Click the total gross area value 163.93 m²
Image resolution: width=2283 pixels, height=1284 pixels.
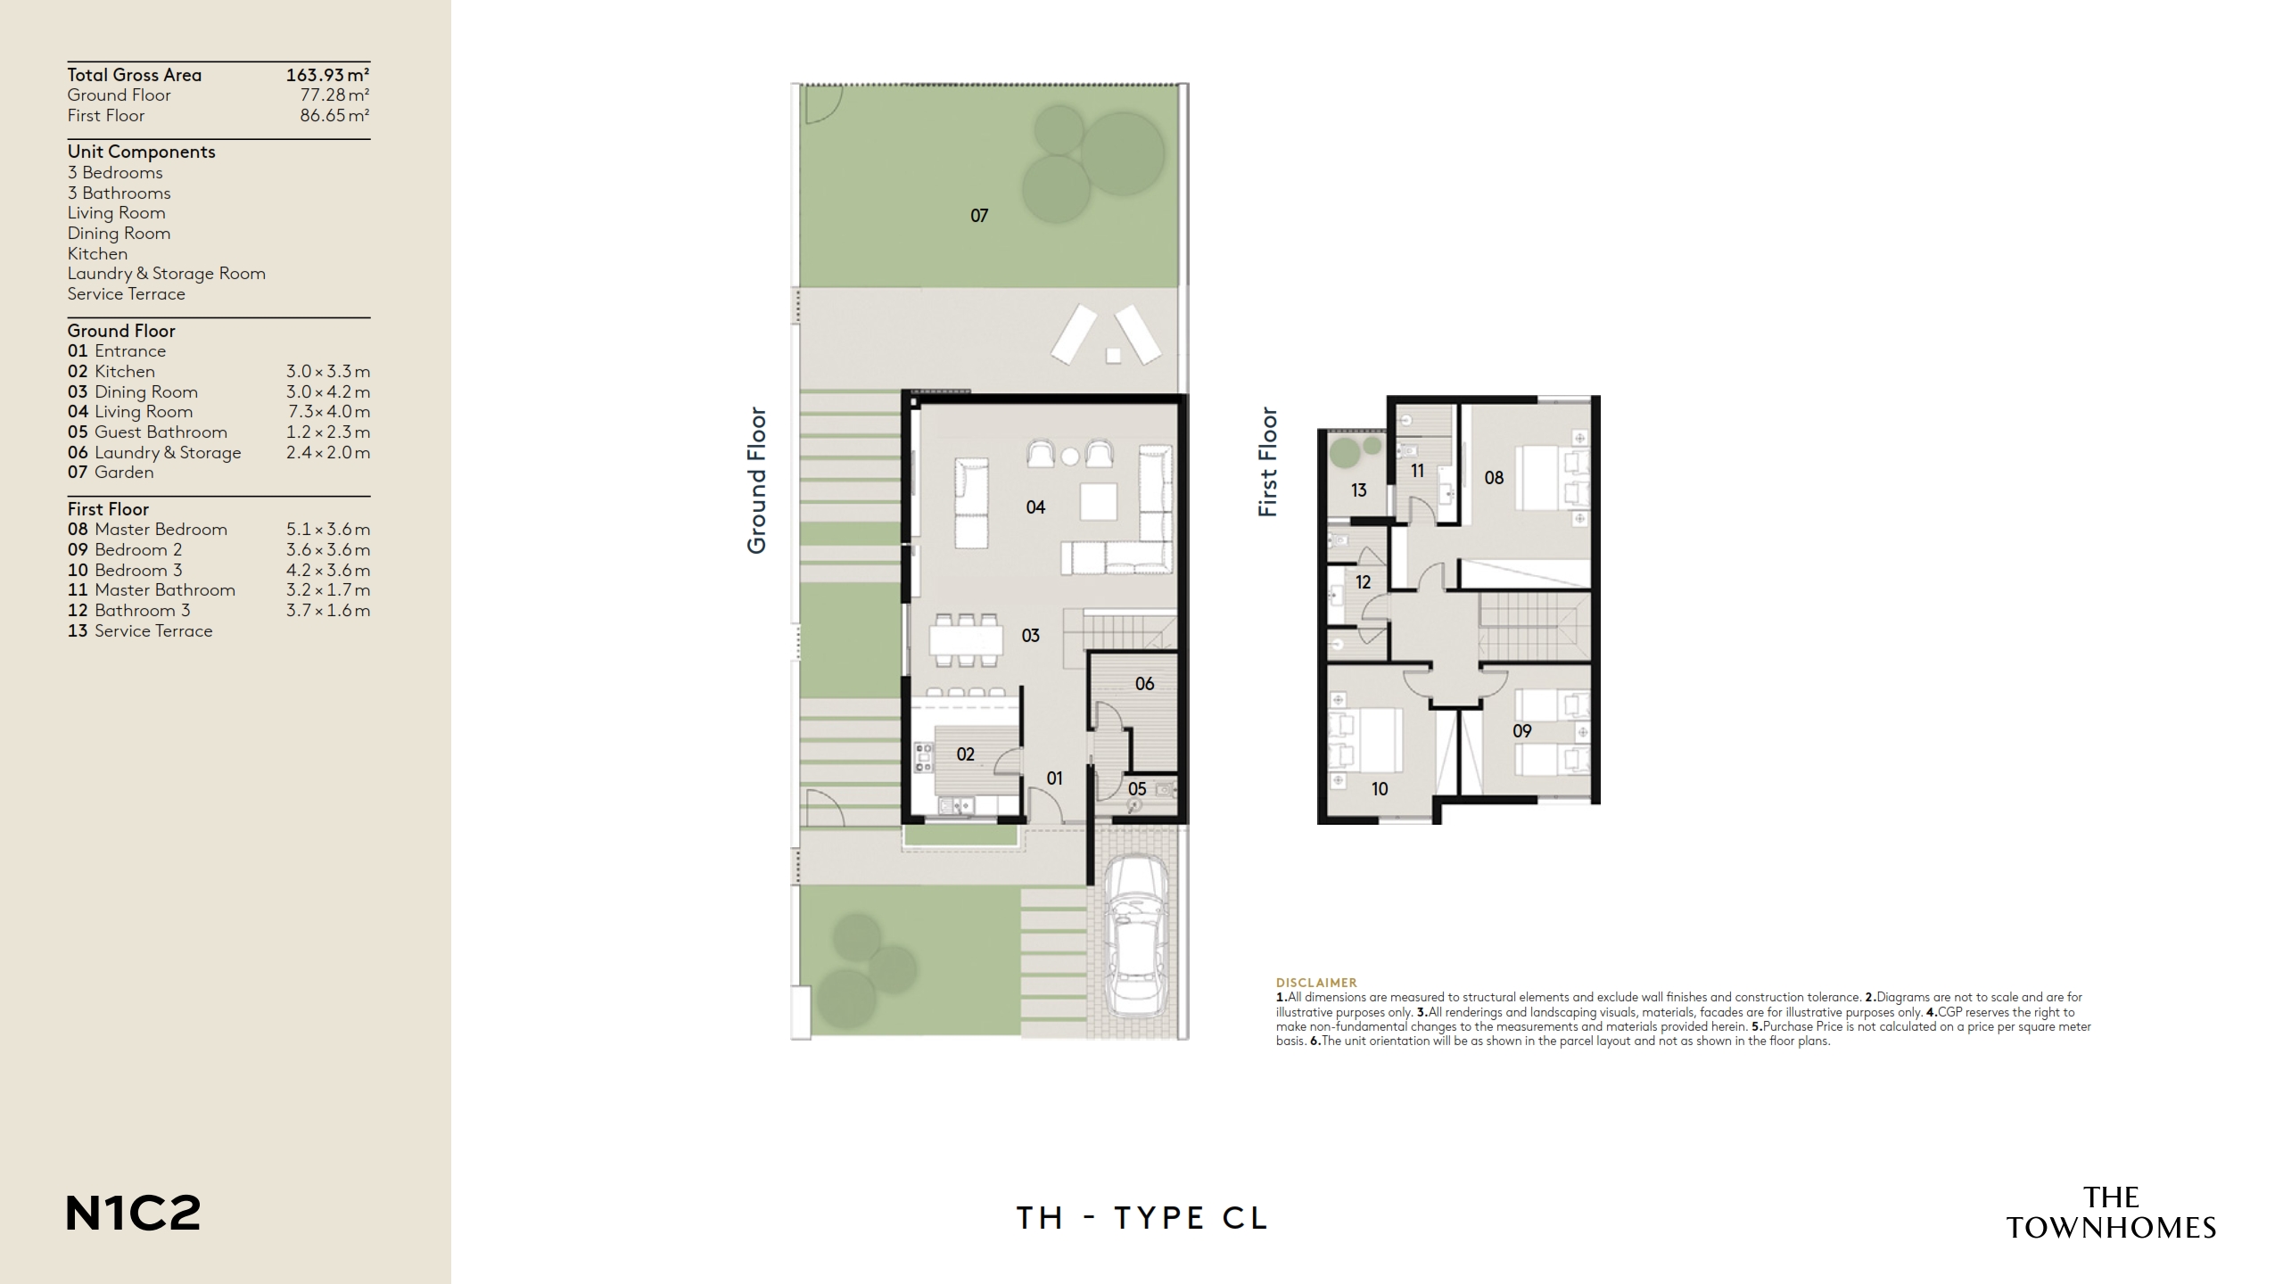click(327, 75)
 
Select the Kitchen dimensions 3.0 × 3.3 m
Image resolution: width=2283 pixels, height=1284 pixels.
click(327, 372)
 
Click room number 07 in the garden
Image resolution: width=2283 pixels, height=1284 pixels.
click(979, 216)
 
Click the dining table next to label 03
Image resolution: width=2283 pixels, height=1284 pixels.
click(966, 639)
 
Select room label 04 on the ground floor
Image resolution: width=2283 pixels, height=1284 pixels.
click(1035, 507)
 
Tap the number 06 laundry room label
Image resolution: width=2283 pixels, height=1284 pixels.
click(1144, 684)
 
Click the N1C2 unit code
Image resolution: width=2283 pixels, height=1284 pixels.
click(134, 1214)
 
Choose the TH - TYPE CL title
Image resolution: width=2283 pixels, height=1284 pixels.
click(1141, 1218)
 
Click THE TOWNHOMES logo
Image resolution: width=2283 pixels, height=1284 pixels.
click(2111, 1213)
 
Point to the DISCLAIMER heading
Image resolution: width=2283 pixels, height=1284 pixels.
click(1316, 983)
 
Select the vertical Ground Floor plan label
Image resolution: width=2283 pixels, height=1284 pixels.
click(757, 481)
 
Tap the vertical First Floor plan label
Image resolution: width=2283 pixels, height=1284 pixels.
click(1267, 462)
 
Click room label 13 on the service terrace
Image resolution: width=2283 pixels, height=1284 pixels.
click(1358, 490)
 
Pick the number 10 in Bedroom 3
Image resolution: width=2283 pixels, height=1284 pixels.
click(1380, 789)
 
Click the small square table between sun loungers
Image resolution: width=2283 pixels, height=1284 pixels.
click(1113, 355)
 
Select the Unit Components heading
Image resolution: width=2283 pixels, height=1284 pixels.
click(142, 152)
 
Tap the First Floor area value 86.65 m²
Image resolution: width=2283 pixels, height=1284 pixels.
click(334, 116)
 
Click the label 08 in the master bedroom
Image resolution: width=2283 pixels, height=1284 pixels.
click(1494, 478)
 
